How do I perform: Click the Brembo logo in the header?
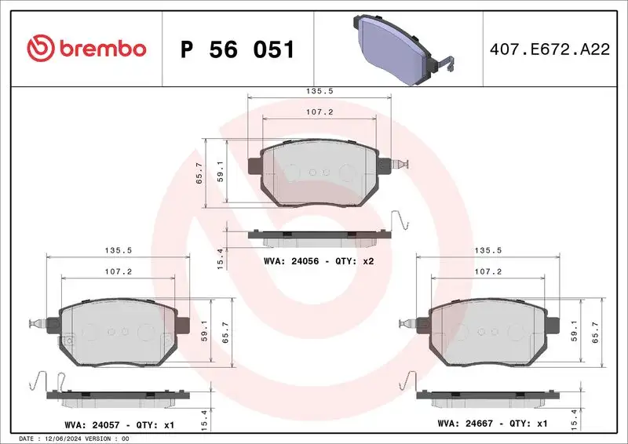point(86,49)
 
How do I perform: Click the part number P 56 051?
point(237,50)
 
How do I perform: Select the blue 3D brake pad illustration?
point(397,48)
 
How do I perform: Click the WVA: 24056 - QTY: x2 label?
point(318,260)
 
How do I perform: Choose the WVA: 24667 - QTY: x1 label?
point(492,424)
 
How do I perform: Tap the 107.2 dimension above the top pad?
point(319,112)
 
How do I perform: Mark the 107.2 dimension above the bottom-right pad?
point(487,272)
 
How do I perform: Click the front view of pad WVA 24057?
point(118,333)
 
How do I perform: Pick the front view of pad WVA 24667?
point(487,333)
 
